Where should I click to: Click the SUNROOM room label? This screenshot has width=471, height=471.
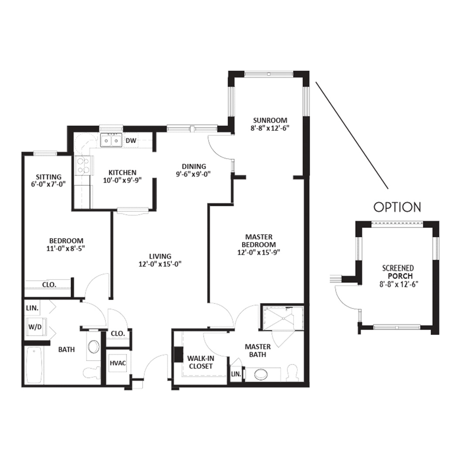pyautogui.click(x=270, y=120)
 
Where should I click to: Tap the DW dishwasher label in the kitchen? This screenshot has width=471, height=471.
pyautogui.click(x=131, y=140)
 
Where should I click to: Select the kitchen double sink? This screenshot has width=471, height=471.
pyautogui.click(x=111, y=140)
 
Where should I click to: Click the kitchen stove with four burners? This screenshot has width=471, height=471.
pyautogui.click(x=83, y=166)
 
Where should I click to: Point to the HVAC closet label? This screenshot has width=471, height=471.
pyautogui.click(x=118, y=363)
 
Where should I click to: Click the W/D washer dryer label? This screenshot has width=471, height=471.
pyautogui.click(x=35, y=327)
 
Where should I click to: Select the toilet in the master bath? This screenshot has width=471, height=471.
pyautogui.click(x=292, y=373)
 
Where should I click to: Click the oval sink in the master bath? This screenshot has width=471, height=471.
pyautogui.click(x=261, y=374)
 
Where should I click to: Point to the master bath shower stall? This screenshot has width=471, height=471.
pyautogui.click(x=282, y=318)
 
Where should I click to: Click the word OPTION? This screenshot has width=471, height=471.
pyautogui.click(x=397, y=207)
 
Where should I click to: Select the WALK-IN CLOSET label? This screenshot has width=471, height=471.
pyautogui.click(x=201, y=362)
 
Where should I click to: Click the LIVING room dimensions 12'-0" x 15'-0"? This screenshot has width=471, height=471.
pyautogui.click(x=160, y=264)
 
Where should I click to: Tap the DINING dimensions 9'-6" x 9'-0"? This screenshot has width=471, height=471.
pyautogui.click(x=194, y=174)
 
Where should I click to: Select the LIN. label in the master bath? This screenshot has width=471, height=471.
pyautogui.click(x=236, y=374)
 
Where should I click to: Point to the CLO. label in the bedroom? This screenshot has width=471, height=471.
pyautogui.click(x=49, y=284)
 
